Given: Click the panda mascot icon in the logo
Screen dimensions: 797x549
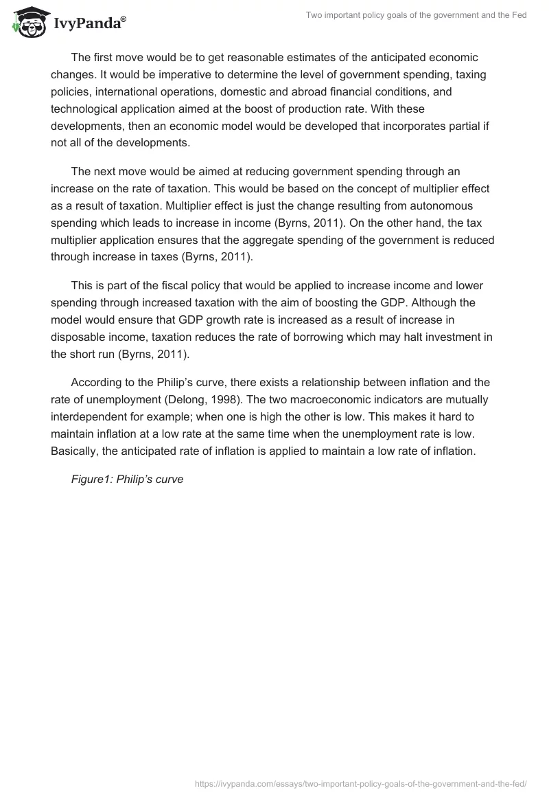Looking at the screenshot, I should (x=27, y=21).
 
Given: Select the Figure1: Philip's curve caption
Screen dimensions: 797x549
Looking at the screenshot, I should (x=127, y=479).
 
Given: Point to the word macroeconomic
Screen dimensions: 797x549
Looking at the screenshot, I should (x=215, y=399).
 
